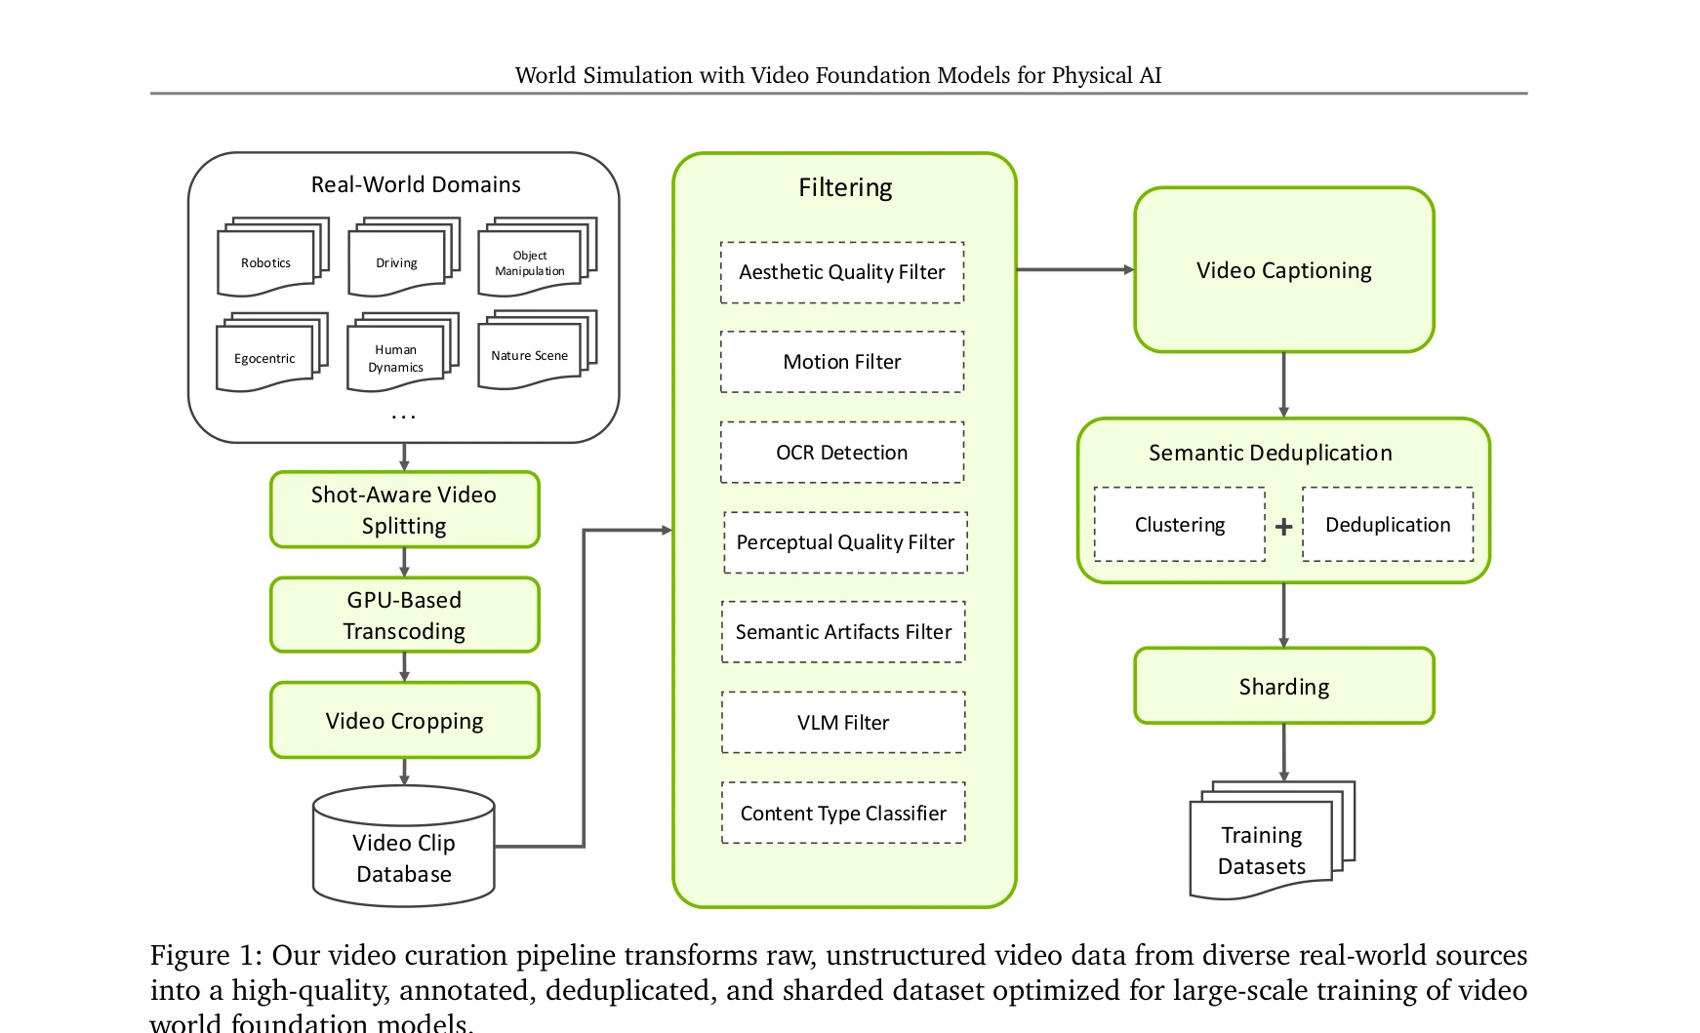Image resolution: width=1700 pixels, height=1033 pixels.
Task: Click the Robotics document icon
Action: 273,258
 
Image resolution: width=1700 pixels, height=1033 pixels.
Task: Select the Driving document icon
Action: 404,258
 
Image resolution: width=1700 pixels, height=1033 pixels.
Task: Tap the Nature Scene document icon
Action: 537,350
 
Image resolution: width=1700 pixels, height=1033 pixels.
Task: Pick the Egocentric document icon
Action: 272,352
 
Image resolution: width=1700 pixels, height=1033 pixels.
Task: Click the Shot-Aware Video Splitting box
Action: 405,510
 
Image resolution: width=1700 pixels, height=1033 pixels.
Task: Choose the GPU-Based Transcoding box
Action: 405,615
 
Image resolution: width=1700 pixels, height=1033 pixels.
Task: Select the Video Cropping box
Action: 405,720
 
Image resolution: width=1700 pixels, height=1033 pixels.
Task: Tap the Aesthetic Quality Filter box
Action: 842,272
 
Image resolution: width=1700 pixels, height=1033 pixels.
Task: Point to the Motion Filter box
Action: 842,362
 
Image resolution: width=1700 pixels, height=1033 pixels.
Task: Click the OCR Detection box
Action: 842,453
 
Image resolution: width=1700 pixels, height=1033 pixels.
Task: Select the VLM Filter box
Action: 843,723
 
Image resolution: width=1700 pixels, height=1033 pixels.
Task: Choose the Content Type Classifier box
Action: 843,813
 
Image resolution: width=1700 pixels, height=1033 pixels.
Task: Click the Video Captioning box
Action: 1284,270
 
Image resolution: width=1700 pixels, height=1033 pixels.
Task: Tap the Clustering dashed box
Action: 1180,525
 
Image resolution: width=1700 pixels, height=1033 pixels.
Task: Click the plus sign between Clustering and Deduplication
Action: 1284,527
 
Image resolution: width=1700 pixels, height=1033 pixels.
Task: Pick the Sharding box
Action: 1284,686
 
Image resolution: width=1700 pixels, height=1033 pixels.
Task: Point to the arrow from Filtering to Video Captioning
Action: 1075,270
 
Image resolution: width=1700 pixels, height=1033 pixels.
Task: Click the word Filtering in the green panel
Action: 845,187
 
